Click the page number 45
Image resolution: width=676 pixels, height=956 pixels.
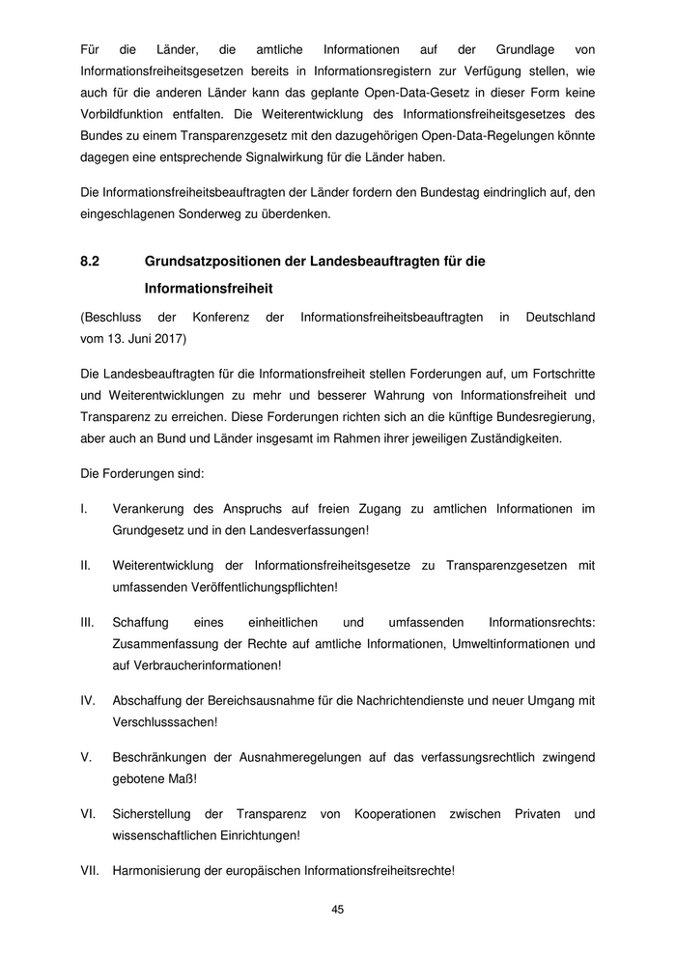click(x=338, y=909)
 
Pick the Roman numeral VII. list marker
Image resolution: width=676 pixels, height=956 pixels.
click(x=89, y=869)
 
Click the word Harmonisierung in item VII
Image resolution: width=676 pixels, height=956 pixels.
click(x=160, y=869)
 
